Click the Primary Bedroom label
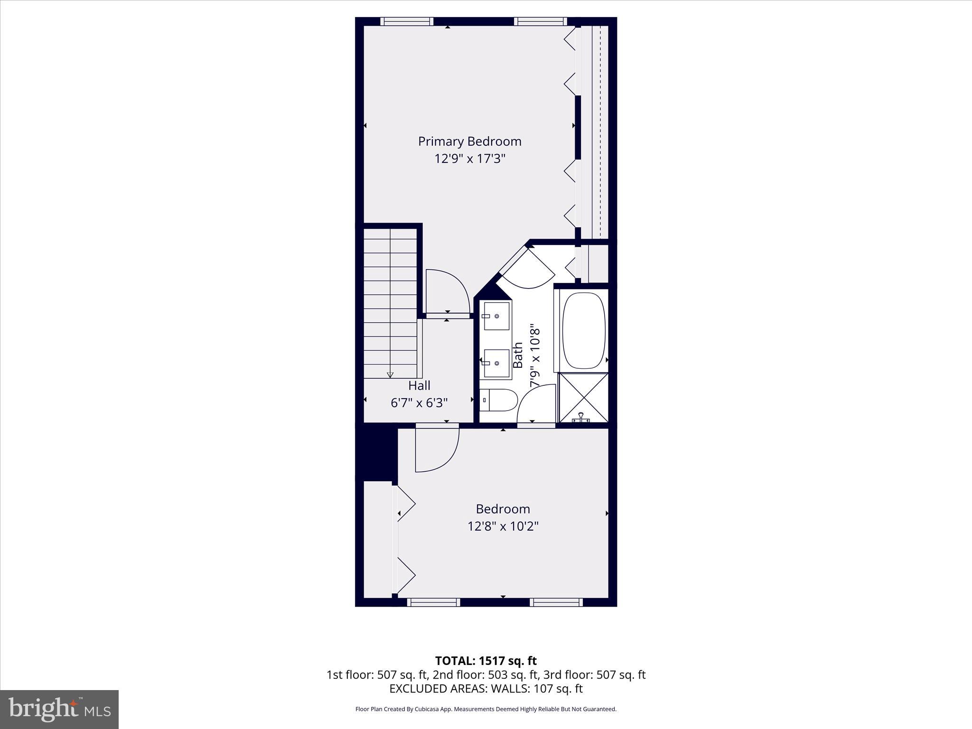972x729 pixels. (x=469, y=141)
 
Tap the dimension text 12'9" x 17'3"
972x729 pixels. (x=469, y=159)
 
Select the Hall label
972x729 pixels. (x=419, y=385)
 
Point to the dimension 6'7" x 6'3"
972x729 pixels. (x=419, y=403)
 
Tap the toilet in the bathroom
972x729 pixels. (x=498, y=401)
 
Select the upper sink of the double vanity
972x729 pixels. (x=496, y=316)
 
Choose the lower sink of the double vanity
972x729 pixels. (x=496, y=363)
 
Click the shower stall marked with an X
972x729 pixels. (x=583, y=398)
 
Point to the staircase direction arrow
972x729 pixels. (x=390, y=374)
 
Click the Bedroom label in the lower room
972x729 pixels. (x=503, y=509)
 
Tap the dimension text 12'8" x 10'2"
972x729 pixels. (x=503, y=526)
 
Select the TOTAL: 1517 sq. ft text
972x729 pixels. (x=486, y=661)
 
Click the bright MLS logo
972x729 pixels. (x=59, y=709)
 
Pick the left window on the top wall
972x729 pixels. (x=407, y=21)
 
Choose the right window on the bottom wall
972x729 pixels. (x=556, y=602)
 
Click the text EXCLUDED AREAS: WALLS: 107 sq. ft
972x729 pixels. (x=486, y=689)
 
